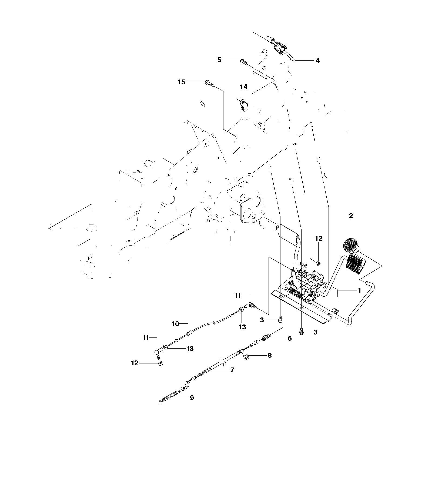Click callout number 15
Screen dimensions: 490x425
tap(182, 82)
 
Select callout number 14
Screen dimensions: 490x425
tap(243, 87)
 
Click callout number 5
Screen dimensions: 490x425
tap(219, 60)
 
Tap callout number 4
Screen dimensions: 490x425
tap(318, 61)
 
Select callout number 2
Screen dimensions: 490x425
tap(351, 216)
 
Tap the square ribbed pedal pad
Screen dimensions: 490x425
tap(355, 264)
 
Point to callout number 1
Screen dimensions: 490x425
tap(359, 290)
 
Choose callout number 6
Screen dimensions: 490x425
tap(290, 338)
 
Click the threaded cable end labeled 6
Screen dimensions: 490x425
tap(266, 338)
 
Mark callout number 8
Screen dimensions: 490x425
tap(270, 355)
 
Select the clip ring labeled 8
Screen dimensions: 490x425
tap(246, 357)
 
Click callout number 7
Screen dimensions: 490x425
tap(232, 370)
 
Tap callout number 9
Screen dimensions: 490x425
tap(192, 398)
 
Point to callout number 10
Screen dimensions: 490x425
tap(176, 324)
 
